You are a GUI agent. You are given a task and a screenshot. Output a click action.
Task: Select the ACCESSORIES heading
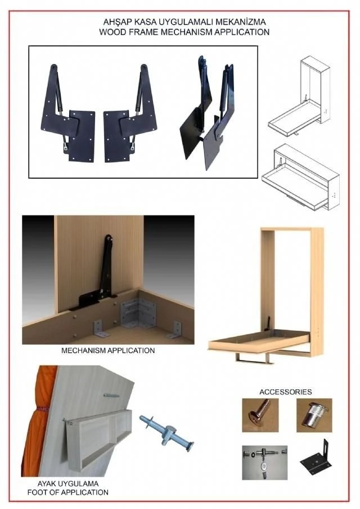tap(286, 392)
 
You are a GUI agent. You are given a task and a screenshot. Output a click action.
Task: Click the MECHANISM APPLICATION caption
tap(108, 350)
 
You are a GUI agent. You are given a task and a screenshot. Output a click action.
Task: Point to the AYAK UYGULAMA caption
tap(68, 484)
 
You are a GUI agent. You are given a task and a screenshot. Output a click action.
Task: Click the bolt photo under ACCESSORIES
tap(260, 415)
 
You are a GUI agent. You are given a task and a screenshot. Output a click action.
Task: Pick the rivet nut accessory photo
tap(314, 415)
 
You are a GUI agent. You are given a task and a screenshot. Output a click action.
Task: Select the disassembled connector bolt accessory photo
tap(264, 462)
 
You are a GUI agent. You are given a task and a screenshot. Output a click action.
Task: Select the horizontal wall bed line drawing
tap(301, 177)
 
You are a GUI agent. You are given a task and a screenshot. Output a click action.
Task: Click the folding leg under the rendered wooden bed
tap(254, 357)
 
